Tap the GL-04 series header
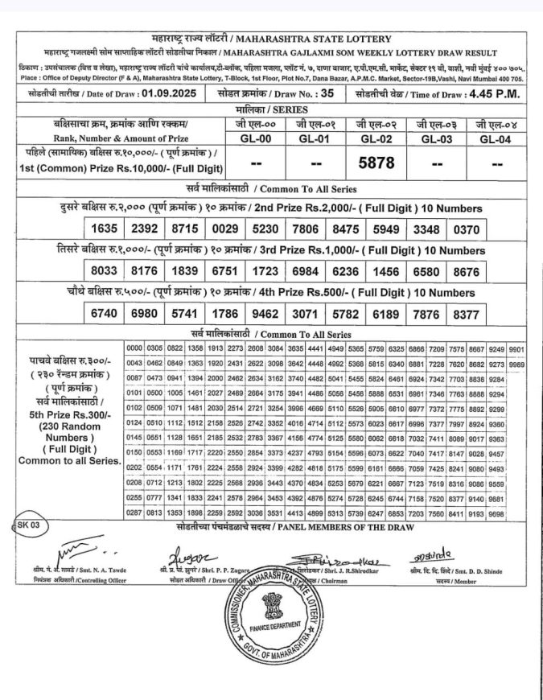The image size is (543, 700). (x=497, y=138)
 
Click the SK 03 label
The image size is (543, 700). (x=29, y=525)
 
